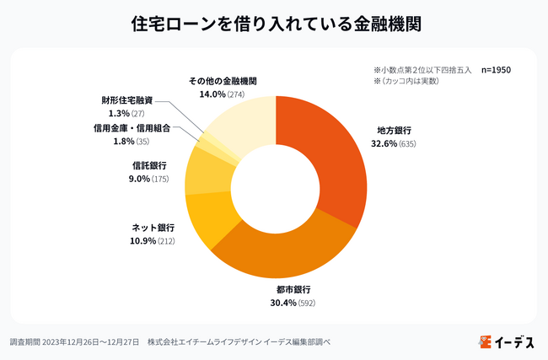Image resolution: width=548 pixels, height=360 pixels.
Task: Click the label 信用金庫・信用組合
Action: point(132,128)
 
